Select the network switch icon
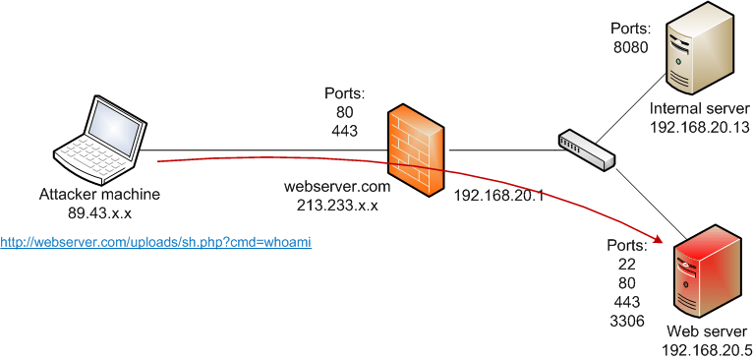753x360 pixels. tap(586, 148)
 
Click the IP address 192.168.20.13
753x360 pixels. tap(697, 127)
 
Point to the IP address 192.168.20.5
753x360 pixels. tap(708, 349)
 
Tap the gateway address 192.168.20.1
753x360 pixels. tap(498, 195)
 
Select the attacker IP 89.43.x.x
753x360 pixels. tap(99, 211)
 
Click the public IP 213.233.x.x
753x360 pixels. tap(337, 205)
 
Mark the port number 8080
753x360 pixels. tap(630, 45)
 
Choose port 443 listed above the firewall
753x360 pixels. tap(344, 128)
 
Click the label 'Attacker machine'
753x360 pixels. tap(99, 195)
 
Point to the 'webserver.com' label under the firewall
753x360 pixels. tap(337, 188)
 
